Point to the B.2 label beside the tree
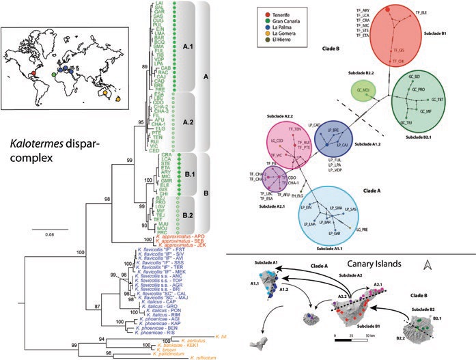tap(188, 217)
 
